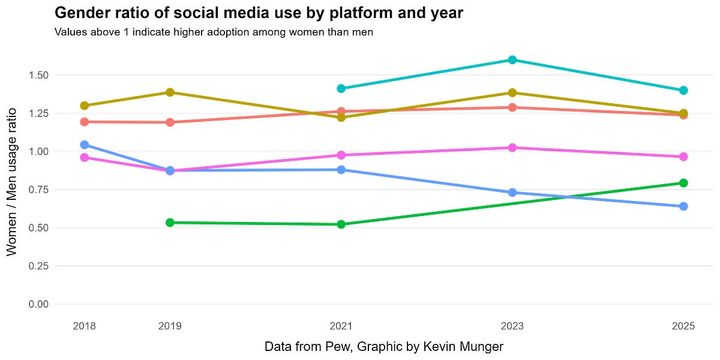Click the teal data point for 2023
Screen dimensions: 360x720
tap(512, 60)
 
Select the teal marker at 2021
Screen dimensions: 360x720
tap(341, 88)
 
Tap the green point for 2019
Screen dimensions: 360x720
tap(170, 222)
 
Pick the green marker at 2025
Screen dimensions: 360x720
tap(683, 183)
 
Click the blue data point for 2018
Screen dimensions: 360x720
tap(84, 145)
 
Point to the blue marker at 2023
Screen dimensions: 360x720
tap(512, 192)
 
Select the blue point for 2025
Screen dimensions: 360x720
tap(683, 206)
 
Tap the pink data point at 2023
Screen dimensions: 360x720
tap(512, 147)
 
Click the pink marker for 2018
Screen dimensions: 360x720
tap(84, 157)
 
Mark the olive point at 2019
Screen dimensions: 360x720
tap(170, 92)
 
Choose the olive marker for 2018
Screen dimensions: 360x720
tap(84, 105)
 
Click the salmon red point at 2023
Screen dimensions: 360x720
tap(512, 107)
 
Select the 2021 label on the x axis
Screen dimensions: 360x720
tap(341, 326)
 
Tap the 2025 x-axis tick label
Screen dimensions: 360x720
tap(683, 326)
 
